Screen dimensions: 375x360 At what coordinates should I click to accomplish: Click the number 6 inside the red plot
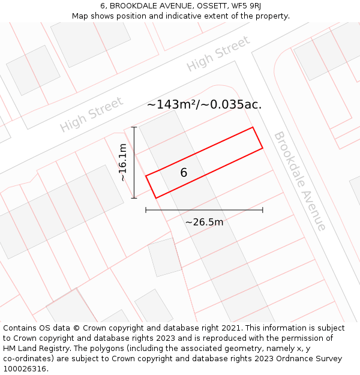(x=184, y=173)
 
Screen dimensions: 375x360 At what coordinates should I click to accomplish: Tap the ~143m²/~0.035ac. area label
(x=204, y=104)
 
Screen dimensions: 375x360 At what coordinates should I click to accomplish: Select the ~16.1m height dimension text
(x=122, y=163)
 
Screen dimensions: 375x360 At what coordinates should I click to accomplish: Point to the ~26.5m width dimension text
(x=204, y=222)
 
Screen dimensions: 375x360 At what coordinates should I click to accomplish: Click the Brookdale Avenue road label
(x=300, y=181)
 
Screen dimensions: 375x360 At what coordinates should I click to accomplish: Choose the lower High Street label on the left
(x=91, y=114)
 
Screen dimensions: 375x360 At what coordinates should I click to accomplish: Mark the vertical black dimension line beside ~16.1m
(x=134, y=163)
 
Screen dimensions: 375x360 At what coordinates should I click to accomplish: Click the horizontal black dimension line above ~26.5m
(x=204, y=210)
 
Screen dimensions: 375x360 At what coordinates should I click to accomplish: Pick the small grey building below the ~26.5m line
(x=164, y=257)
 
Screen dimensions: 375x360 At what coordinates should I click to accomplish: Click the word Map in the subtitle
(x=80, y=16)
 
